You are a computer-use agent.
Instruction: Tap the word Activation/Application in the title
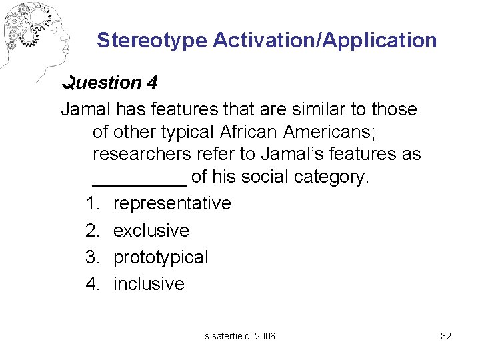325,41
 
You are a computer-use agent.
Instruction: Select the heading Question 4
109,83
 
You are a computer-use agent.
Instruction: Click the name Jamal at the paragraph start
86,109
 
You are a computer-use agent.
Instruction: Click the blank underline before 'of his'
139,179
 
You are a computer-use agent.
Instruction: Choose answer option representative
172,203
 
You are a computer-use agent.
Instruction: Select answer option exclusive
151,231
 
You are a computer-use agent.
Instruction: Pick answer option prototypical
161,257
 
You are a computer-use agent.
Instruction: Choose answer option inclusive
149,284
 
